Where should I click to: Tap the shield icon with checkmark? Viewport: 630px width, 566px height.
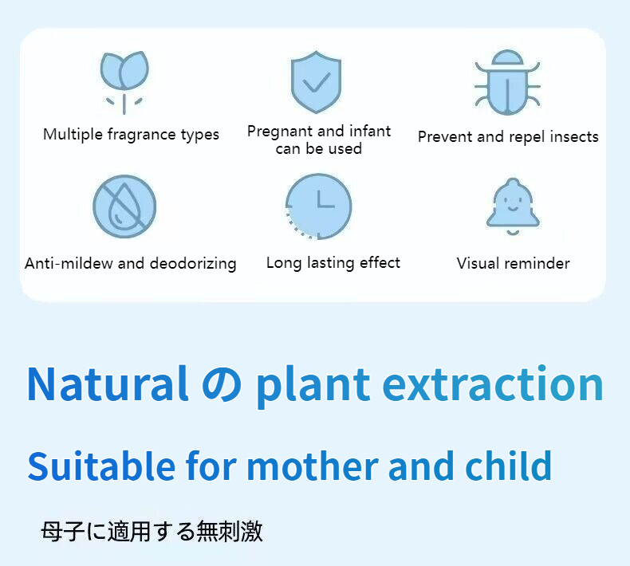[x=317, y=81]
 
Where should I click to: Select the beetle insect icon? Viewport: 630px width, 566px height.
[x=507, y=83]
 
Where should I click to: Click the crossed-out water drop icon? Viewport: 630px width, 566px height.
[x=124, y=206]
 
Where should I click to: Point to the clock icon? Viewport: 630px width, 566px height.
[x=319, y=206]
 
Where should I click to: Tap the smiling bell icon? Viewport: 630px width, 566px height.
[x=514, y=206]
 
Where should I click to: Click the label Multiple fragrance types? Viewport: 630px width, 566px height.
[x=131, y=135]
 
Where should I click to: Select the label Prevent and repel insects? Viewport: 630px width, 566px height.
[x=508, y=137]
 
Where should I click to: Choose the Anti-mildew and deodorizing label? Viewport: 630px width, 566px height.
[x=131, y=264]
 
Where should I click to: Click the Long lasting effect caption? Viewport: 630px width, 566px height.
[x=333, y=263]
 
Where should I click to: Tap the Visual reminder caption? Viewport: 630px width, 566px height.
[x=513, y=264]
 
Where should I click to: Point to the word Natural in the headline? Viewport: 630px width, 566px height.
[x=108, y=384]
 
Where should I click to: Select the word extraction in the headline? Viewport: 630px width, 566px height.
[x=492, y=384]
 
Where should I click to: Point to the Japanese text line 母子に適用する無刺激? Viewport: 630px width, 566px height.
[x=152, y=531]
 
